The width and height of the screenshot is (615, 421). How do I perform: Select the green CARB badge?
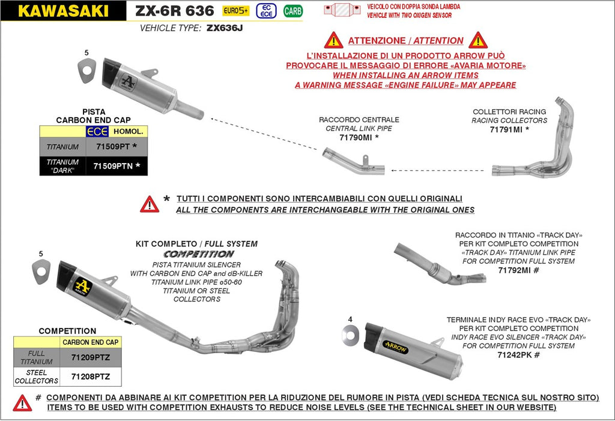coord(292,10)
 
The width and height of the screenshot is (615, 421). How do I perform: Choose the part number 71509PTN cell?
coord(117,166)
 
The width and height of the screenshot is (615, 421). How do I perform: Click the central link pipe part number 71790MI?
coord(359,137)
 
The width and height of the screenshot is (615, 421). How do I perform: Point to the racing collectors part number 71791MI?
coord(509,129)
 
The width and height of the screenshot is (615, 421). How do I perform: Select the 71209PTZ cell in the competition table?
coord(91,357)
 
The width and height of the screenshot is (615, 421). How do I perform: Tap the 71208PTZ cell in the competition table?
coord(91,377)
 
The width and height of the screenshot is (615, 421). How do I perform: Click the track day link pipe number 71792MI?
coord(519,270)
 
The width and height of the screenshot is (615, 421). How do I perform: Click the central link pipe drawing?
coord(353,164)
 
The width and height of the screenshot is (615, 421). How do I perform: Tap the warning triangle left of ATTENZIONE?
coord(333,41)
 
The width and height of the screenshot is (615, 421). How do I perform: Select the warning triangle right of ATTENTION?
coord(478,41)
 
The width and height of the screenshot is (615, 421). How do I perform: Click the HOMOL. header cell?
coord(129,131)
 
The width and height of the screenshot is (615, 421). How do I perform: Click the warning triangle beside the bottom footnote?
coord(22,402)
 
